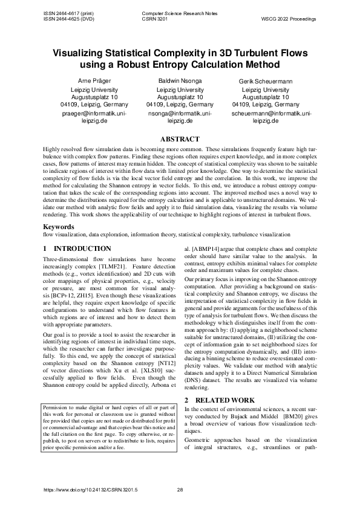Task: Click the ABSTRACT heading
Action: pyautogui.click(x=180, y=139)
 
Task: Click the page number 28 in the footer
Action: pyautogui.click(x=180, y=490)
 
